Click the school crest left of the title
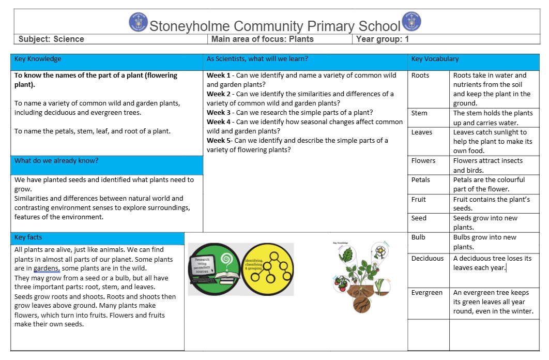(139, 22)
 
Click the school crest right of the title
(411, 22)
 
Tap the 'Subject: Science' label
(51, 39)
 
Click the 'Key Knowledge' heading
(38, 59)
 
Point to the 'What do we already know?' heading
(56, 161)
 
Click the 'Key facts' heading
(28, 237)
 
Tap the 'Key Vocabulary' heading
(435, 59)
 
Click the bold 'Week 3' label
(219, 113)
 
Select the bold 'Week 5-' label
(220, 141)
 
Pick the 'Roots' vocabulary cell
(420, 76)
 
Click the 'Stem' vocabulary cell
(419, 113)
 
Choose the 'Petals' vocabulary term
(421, 180)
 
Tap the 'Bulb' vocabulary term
(418, 237)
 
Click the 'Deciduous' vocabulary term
(428, 259)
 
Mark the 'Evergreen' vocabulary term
(427, 293)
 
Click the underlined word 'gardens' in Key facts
(47, 268)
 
